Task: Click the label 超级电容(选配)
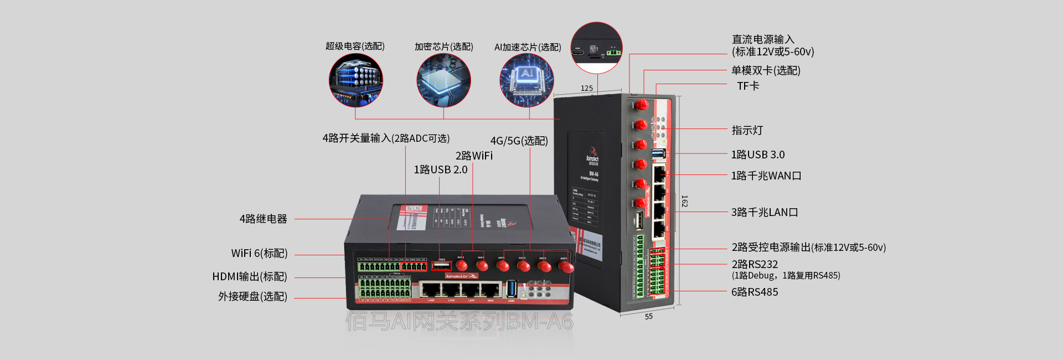(x=355, y=46)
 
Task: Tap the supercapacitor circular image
(x=355, y=79)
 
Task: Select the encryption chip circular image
(x=443, y=80)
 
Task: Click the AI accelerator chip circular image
(x=527, y=80)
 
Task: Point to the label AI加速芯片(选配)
(x=527, y=47)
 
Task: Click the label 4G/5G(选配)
(x=519, y=141)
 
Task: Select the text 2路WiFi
(x=474, y=156)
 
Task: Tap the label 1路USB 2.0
(x=441, y=169)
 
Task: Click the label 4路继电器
(x=263, y=219)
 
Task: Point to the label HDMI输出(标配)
(x=250, y=276)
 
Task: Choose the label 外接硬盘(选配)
(x=252, y=296)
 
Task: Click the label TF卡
(x=748, y=86)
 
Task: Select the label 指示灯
(x=747, y=130)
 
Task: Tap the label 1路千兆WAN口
(x=766, y=176)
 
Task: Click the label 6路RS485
(x=754, y=292)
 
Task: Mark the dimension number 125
(x=587, y=88)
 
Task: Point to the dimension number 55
(x=648, y=317)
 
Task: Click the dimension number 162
(x=685, y=201)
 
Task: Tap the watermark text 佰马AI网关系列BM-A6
(x=460, y=321)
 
